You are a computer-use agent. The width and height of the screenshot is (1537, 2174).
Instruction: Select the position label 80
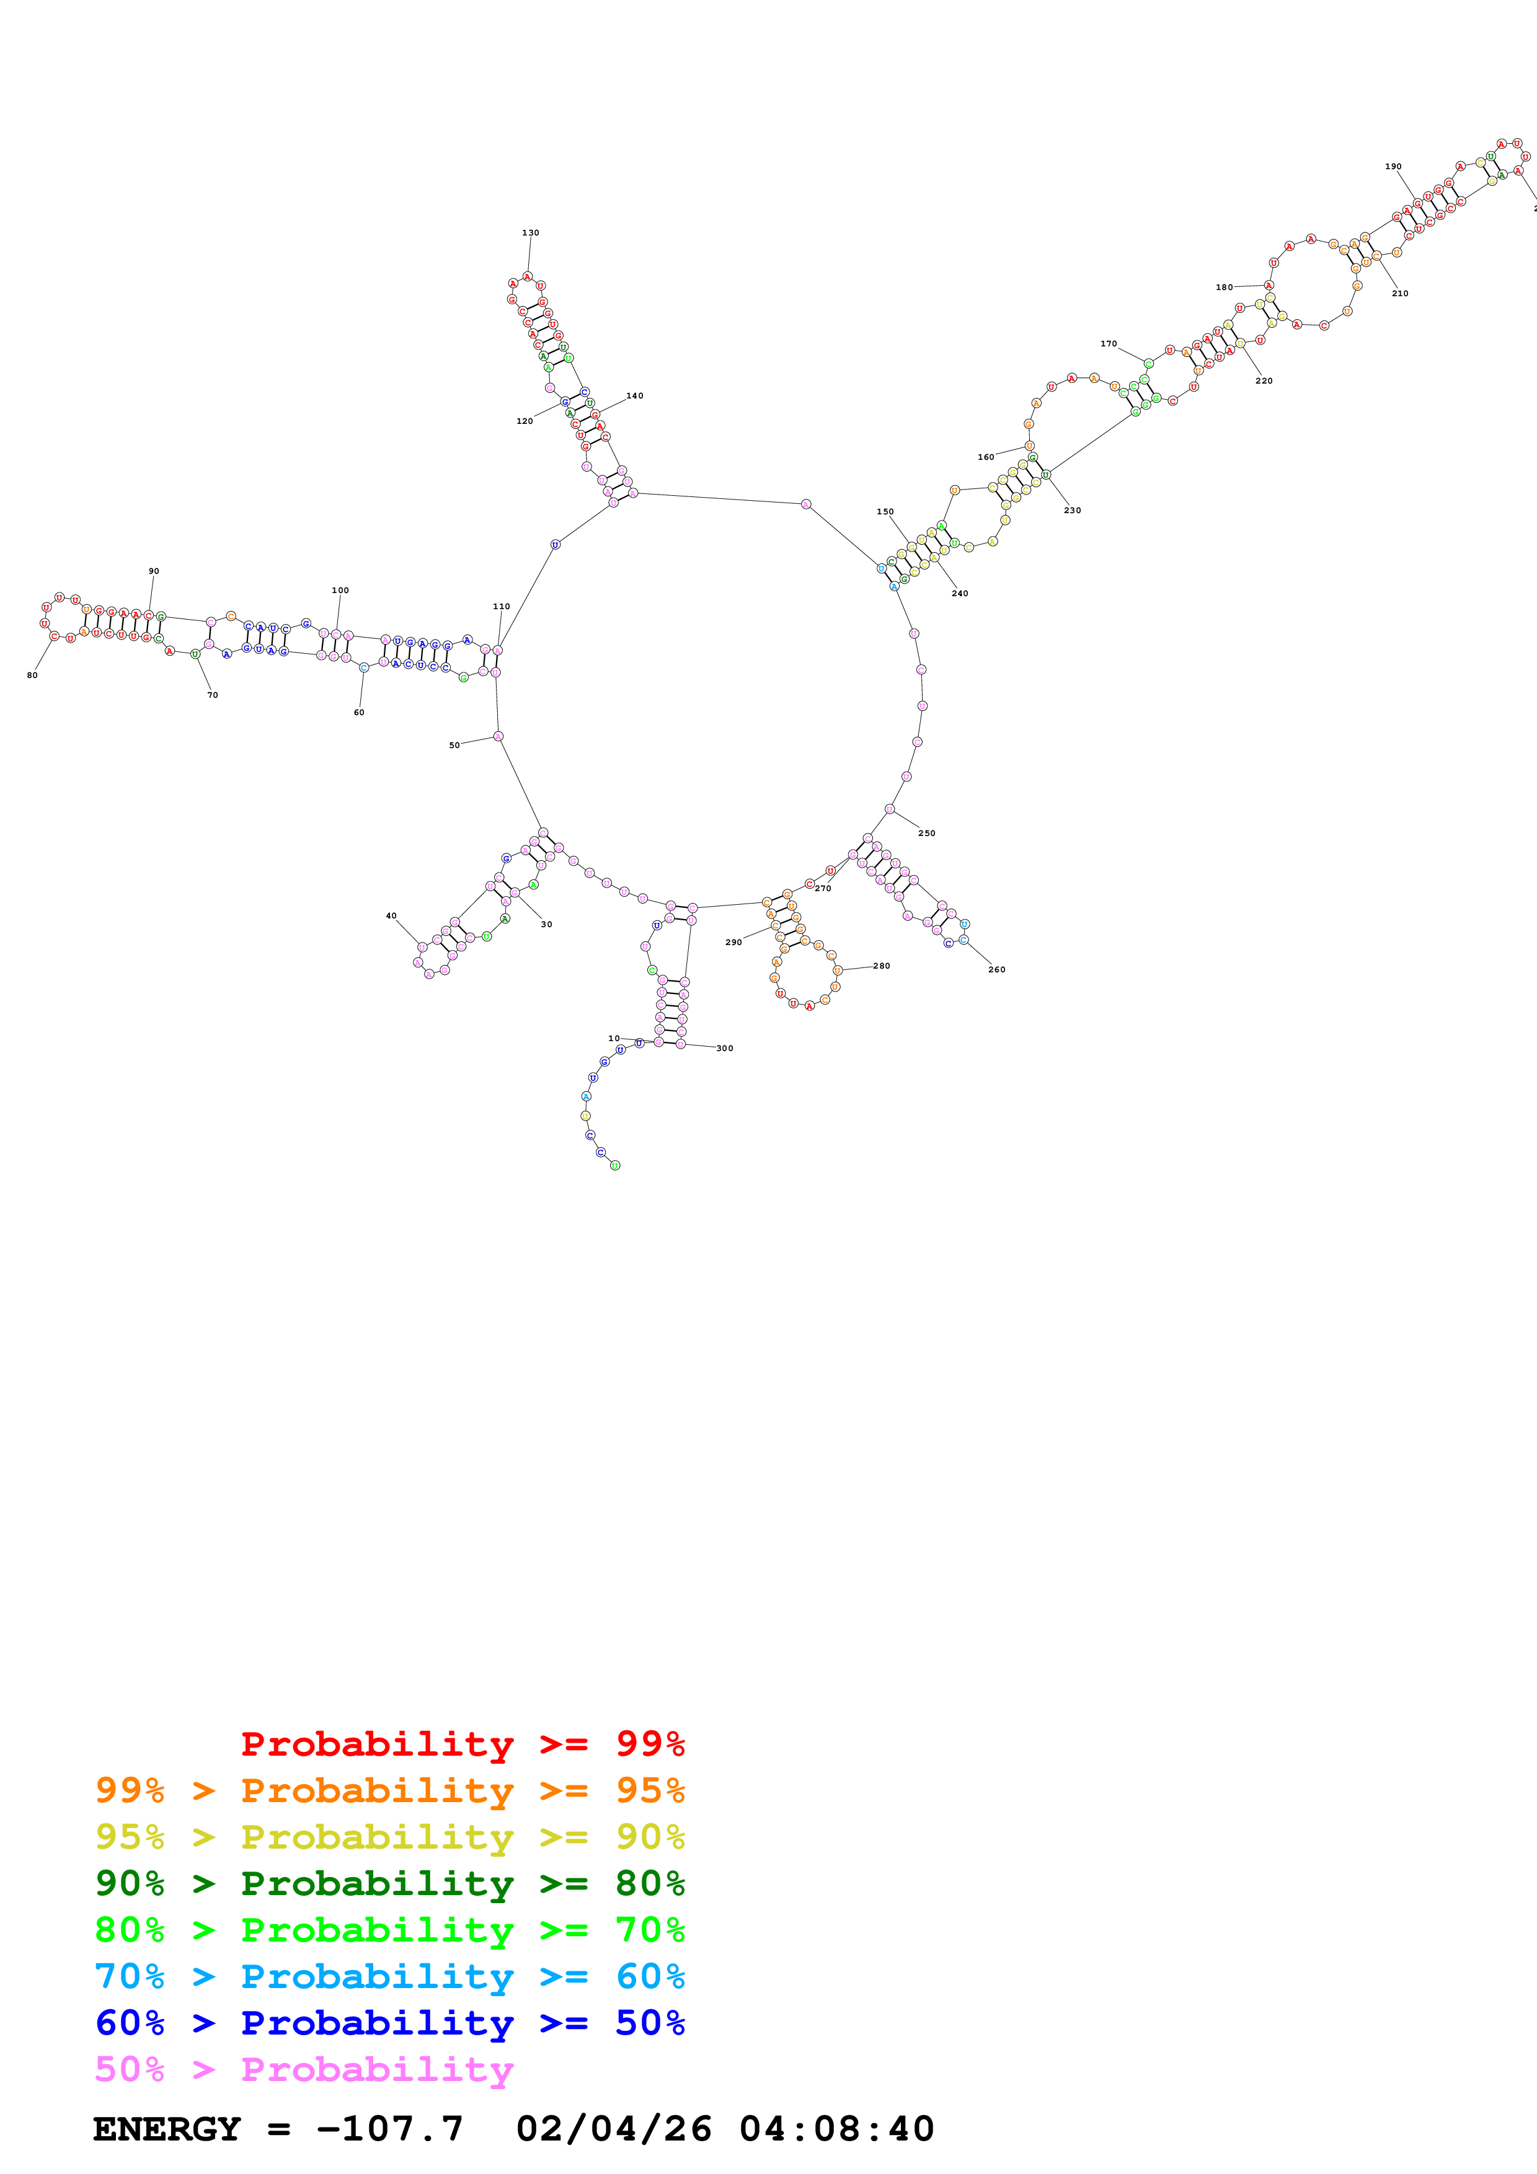pos(32,675)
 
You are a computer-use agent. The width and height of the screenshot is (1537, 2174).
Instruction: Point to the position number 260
pos(996,970)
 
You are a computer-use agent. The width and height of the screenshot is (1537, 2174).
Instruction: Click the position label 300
pos(724,1048)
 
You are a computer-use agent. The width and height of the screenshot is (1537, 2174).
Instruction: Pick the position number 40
pos(391,915)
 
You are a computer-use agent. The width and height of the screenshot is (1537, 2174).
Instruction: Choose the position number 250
pos(926,834)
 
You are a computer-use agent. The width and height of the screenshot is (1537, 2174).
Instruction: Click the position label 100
pos(340,590)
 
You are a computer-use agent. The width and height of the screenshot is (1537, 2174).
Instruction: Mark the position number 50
pos(454,745)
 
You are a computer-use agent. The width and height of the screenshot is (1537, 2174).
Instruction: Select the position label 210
pos(1400,294)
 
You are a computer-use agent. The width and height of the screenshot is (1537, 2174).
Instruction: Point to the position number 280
pos(882,966)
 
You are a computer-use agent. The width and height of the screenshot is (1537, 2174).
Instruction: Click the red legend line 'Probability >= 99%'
pos(462,1744)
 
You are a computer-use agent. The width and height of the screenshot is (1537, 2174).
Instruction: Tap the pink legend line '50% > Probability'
pos(304,2069)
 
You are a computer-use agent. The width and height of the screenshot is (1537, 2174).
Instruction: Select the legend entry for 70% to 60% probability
pos(389,1976)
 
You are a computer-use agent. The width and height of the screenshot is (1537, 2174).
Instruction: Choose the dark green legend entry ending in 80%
pos(389,1883)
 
